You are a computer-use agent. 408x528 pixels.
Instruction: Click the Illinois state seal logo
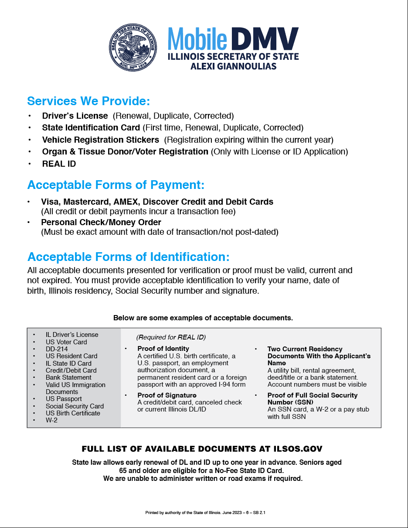click(x=133, y=48)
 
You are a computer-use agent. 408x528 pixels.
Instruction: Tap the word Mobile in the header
click(x=197, y=39)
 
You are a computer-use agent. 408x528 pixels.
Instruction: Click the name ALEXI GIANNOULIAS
click(x=233, y=66)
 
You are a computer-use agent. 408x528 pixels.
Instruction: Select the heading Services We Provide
click(x=88, y=101)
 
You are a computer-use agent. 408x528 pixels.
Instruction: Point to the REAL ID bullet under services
click(x=59, y=164)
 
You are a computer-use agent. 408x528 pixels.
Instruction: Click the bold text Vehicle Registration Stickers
click(x=101, y=140)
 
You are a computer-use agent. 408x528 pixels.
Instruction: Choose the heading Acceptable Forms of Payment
click(x=116, y=185)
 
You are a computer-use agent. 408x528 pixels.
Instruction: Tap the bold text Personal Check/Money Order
click(x=101, y=223)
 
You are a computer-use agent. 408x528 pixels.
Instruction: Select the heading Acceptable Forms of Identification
click(x=128, y=257)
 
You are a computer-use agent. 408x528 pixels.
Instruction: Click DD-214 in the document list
click(x=57, y=349)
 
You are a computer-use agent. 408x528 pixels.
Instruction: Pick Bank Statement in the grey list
click(x=68, y=377)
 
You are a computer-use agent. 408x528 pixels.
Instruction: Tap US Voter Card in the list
click(x=66, y=342)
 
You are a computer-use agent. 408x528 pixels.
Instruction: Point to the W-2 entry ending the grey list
click(x=51, y=420)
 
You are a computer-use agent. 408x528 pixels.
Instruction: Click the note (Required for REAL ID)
click(x=171, y=337)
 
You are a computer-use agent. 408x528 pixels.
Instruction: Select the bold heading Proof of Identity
click(x=163, y=349)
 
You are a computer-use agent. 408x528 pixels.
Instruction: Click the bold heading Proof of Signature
click(x=167, y=395)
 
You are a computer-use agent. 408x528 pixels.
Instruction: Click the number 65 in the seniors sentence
click(x=124, y=471)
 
